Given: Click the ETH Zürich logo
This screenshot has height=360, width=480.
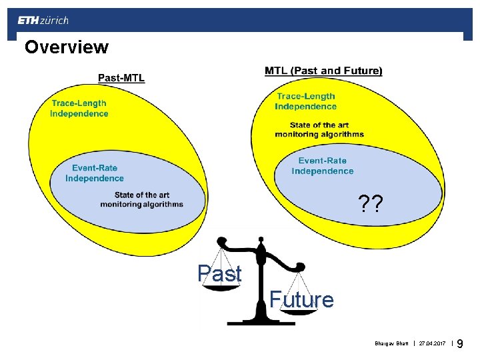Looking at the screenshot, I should coord(43,21).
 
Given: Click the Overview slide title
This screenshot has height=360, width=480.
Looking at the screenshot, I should coord(66,47).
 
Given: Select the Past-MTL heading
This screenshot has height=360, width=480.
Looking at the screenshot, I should coord(121,77).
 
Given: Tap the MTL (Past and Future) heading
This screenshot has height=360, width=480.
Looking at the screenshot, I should coord(323,71).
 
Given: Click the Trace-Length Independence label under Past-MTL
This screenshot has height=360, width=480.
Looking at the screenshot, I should coord(79,108).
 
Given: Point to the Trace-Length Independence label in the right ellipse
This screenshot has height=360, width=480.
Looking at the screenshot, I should coord(306,101).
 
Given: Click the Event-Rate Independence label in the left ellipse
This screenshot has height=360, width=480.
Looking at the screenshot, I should coord(95,173).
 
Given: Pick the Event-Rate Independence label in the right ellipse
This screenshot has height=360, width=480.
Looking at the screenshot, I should coord(323,166).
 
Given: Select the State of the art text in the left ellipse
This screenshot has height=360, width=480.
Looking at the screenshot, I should coord(141,199).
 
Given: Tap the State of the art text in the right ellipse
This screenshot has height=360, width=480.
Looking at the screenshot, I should coord(319,129).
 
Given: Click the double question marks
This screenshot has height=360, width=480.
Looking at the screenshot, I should coord(370,203).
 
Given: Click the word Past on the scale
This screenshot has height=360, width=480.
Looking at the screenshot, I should coord(219,273).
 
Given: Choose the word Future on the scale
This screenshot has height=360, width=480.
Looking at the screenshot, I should coord(301,300).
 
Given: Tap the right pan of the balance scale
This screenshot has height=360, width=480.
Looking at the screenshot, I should coord(298,311).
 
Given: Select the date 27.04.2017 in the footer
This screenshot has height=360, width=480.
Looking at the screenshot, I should coord(433,344).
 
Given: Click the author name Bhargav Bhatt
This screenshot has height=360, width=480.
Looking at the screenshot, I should coord(391,344).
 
